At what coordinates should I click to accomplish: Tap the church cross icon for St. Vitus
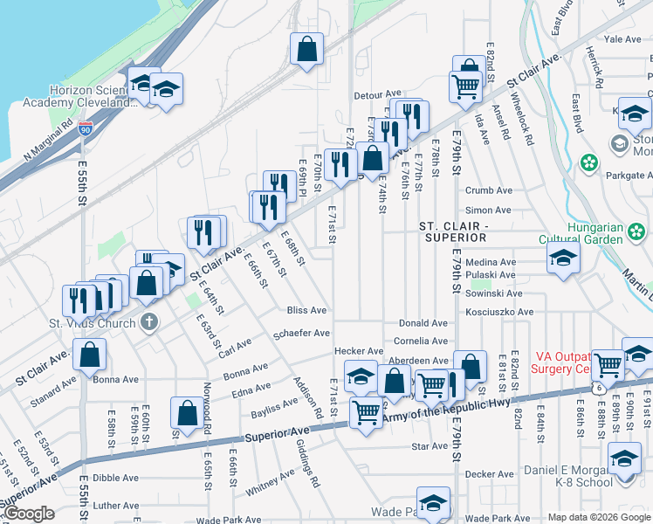(x=149, y=321)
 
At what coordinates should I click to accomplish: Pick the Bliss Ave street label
(x=307, y=310)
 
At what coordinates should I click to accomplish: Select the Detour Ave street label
(x=376, y=94)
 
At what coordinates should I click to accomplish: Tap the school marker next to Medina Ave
(x=563, y=258)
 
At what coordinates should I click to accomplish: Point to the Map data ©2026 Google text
(x=598, y=517)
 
